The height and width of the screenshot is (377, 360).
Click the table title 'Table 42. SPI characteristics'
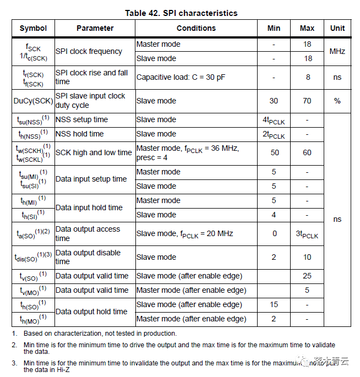tap(181, 13)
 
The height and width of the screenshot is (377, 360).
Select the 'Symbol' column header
tap(33, 28)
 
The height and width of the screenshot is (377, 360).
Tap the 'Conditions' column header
tap(196, 28)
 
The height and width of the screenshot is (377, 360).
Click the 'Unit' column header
tap(337, 28)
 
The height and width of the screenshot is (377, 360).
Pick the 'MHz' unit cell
tap(337, 51)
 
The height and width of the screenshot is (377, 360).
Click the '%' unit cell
tap(337, 101)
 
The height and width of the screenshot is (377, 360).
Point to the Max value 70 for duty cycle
tap(307, 101)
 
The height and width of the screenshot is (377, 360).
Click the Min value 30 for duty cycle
tap(274, 101)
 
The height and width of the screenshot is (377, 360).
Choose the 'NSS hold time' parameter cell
tap(79, 134)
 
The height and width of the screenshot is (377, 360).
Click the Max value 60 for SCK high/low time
tap(307, 152)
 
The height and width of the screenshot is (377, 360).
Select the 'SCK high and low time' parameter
tap(94, 152)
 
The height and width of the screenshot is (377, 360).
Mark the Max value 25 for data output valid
tap(307, 276)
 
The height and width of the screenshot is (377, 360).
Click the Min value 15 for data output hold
tap(274, 304)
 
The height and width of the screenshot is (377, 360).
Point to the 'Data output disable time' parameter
tap(88, 257)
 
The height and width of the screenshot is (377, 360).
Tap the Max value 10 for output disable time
tap(307, 257)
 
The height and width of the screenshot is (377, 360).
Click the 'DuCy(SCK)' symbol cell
tap(33, 101)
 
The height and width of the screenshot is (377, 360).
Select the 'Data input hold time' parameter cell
tap(89, 207)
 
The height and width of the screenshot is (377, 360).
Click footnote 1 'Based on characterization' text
tap(100, 333)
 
